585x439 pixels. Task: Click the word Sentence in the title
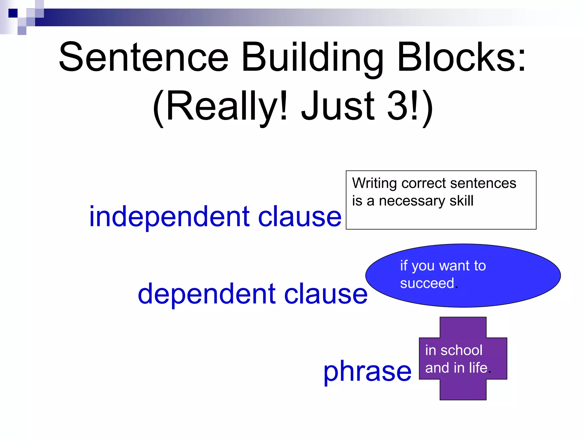(x=144, y=57)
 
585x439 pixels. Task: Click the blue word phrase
(x=367, y=371)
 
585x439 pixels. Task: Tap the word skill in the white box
(x=461, y=201)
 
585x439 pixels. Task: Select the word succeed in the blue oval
(x=427, y=283)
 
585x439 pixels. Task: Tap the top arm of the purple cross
(x=463, y=327)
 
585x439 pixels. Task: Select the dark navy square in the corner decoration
(x=13, y=13)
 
